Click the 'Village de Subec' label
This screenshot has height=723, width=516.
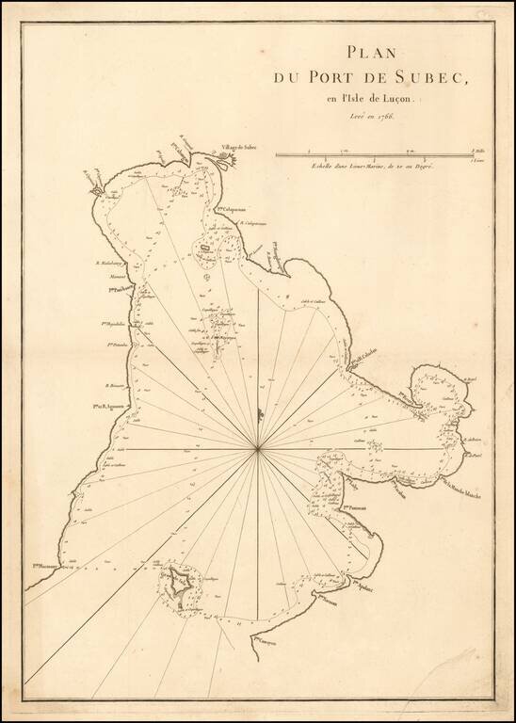point(240,147)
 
